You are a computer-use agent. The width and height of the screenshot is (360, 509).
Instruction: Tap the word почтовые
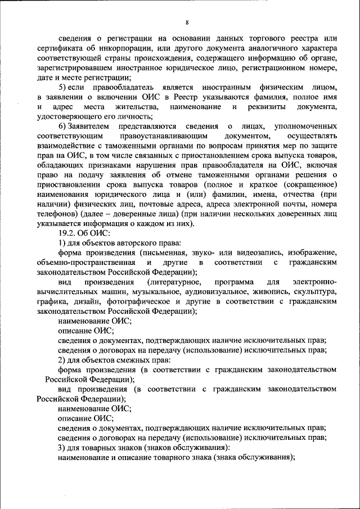tap(222, 204)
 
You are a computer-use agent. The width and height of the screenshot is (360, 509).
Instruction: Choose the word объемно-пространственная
tap(85, 263)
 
